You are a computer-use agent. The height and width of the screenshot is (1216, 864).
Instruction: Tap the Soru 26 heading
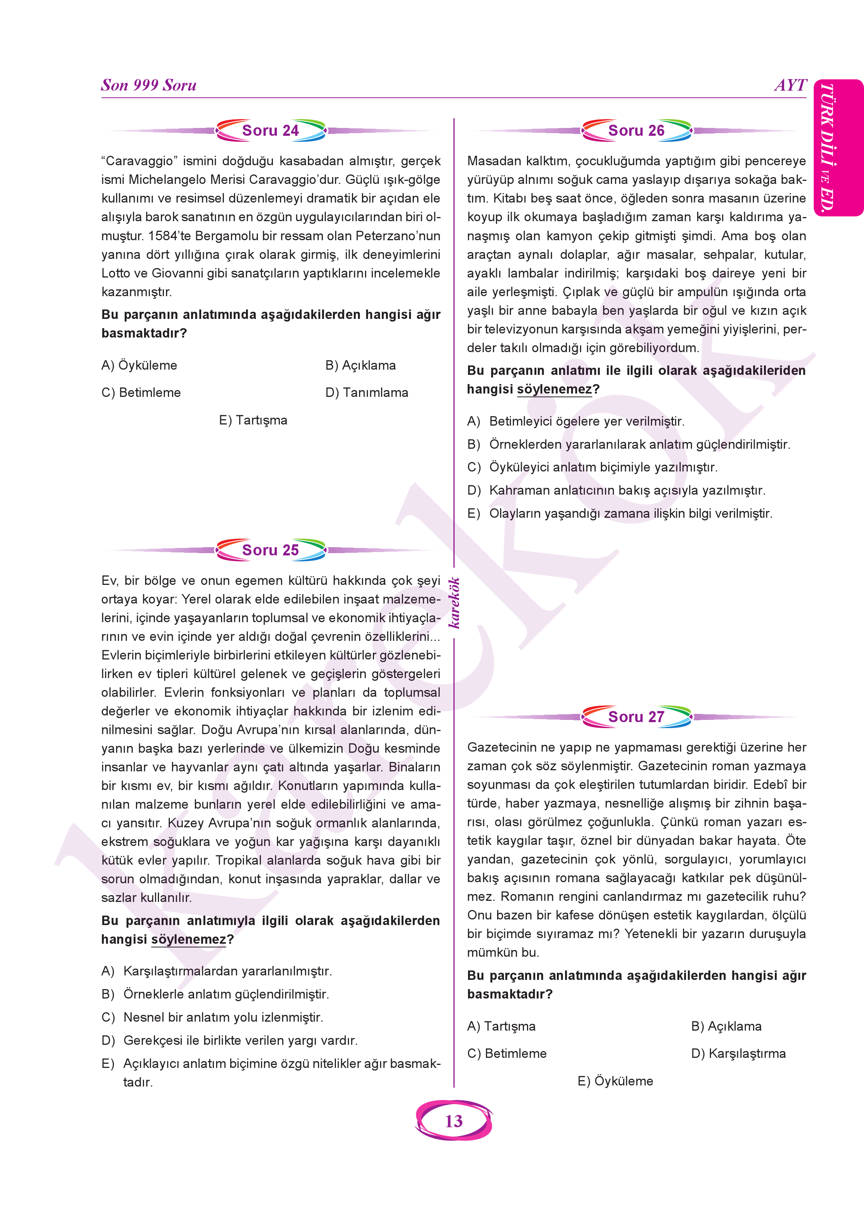636,130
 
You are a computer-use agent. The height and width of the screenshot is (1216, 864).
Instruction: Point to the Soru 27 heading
636,717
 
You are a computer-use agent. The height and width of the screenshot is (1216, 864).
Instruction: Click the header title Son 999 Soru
149,85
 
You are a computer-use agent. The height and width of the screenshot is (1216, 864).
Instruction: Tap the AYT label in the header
790,85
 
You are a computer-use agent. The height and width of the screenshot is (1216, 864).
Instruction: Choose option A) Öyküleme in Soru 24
139,365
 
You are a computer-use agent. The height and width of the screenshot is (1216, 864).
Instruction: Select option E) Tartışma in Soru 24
253,420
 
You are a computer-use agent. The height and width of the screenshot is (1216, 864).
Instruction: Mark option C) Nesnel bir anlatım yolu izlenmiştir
213,1017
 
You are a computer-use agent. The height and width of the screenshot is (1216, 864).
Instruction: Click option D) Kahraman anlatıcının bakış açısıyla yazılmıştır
617,490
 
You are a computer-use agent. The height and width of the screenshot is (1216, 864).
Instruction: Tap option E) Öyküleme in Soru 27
615,1081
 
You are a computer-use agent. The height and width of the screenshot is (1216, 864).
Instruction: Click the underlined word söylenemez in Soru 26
554,389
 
